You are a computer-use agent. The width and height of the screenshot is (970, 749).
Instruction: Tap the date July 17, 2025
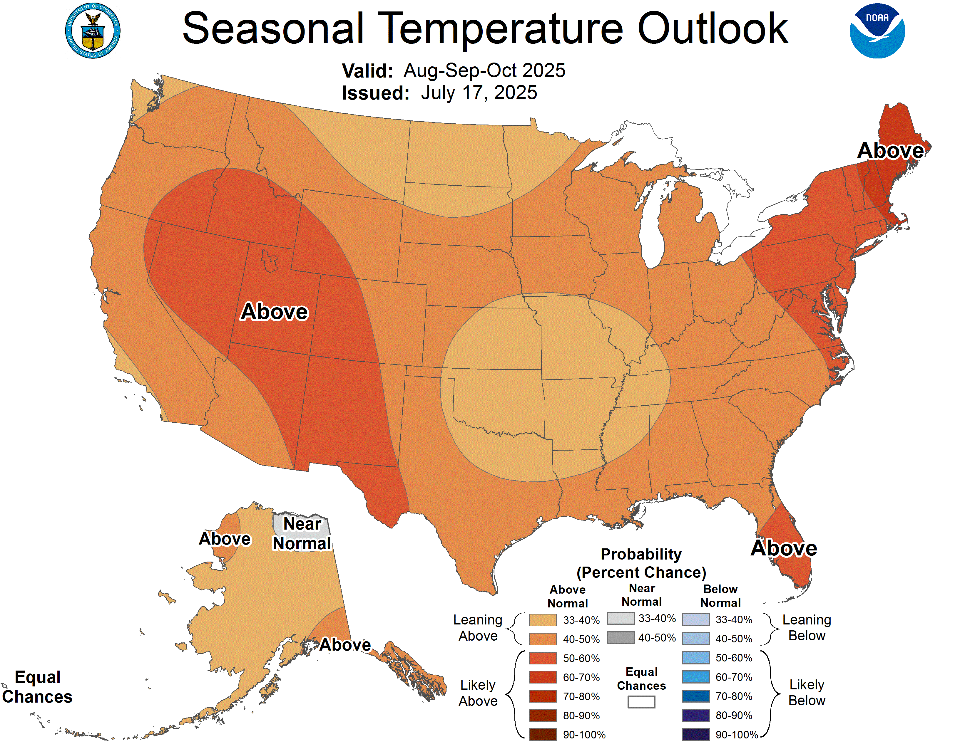tap(479, 93)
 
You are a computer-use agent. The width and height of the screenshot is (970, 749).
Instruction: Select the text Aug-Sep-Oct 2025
tap(484, 70)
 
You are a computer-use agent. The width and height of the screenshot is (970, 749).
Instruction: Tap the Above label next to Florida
tap(783, 548)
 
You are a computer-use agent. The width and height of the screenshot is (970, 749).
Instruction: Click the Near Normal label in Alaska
tap(302, 534)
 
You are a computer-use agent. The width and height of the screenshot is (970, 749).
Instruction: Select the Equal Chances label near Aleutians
tap(37, 687)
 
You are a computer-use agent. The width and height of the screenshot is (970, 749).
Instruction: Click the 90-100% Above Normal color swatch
tap(542, 734)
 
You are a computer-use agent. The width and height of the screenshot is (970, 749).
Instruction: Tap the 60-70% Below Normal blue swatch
tap(695, 677)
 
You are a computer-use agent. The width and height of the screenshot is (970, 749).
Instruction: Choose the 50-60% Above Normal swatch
tap(542, 658)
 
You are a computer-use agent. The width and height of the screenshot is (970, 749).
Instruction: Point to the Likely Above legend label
tap(478, 693)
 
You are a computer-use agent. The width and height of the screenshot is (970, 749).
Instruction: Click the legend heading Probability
tap(641, 554)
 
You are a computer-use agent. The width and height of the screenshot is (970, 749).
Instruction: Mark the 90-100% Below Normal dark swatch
tap(695, 734)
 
